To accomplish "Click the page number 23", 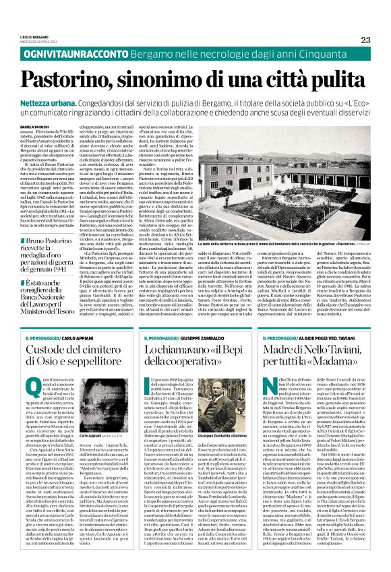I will pyautogui.click(x=365, y=40).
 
